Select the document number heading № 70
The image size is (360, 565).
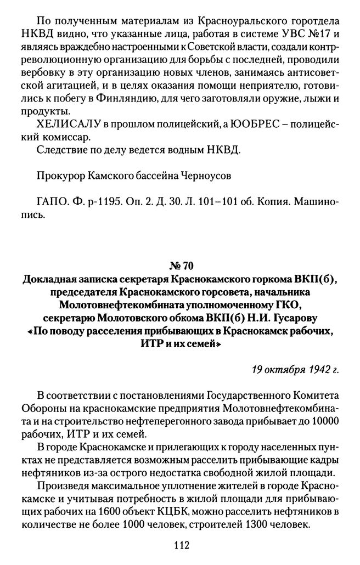point(180,267)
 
